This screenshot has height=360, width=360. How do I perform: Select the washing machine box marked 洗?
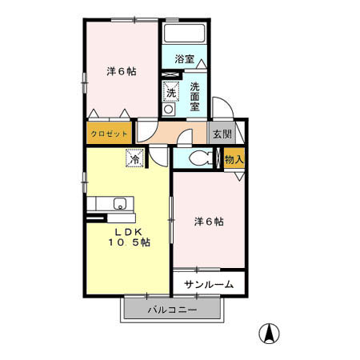pos(171,92)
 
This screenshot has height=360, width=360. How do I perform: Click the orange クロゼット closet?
pos(110,134)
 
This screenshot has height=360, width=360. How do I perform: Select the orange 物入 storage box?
pos(234,158)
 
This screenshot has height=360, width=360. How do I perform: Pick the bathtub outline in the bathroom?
pos(185,34)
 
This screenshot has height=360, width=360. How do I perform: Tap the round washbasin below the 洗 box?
pos(170,110)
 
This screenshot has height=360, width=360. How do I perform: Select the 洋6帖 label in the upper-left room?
pos(121,71)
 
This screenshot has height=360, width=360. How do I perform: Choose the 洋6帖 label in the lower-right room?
pos(209,222)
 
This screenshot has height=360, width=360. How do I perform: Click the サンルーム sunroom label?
pos(208,284)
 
